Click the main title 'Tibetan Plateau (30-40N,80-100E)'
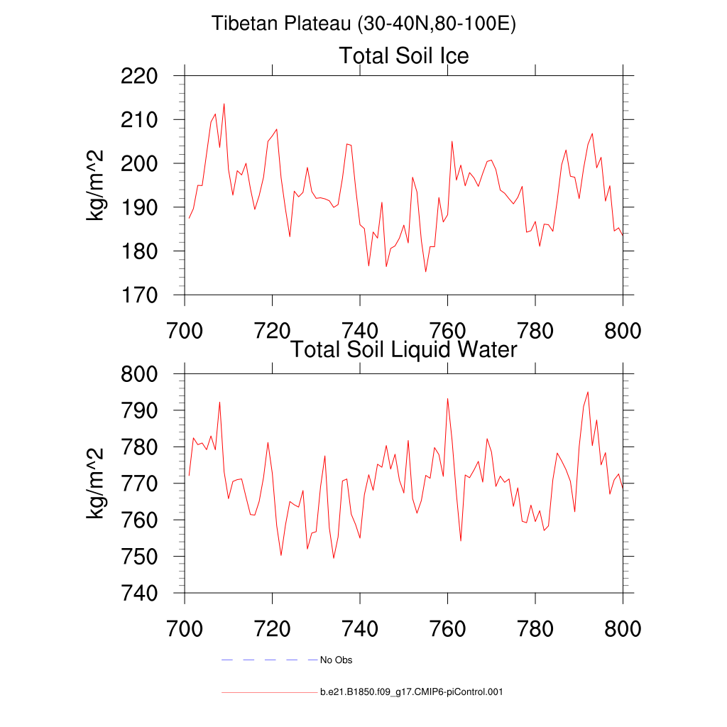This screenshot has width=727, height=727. tap(363, 24)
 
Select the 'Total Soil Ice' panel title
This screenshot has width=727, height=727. tap(404, 55)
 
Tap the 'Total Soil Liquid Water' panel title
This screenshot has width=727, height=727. tap(404, 349)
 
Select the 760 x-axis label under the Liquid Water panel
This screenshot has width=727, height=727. tap(448, 629)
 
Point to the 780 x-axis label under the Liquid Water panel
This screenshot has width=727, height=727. tap(535, 629)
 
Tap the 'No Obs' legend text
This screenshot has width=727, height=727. tap(337, 660)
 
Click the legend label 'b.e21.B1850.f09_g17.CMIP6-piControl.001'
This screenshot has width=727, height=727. tap(412, 692)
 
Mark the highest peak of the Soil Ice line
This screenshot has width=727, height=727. tap(224, 104)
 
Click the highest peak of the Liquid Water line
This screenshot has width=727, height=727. tap(588, 392)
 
